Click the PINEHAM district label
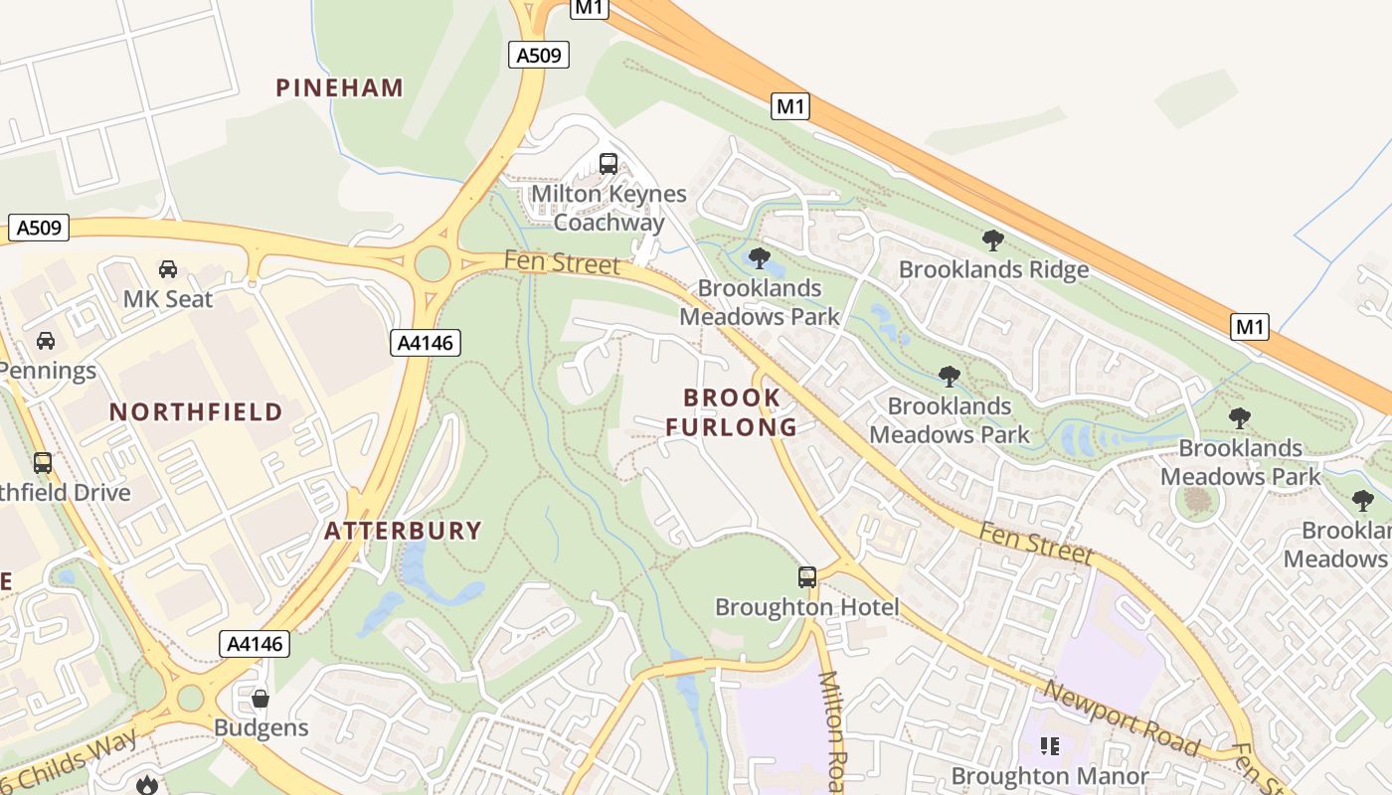pos(340,87)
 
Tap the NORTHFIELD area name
pos(196,411)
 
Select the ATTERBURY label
pos(403,531)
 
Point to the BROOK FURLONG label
pos(732,412)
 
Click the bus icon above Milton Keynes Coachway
pos(609,164)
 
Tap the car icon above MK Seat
pos(168,269)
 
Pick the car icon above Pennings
pos(45,341)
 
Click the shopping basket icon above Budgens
pos(261,699)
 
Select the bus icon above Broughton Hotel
pos(807,576)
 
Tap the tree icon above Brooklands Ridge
pos(992,239)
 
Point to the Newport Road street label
pos(1121,717)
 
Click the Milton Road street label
pos(832,730)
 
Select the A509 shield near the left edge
pos(40,228)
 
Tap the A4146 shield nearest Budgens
pos(255,644)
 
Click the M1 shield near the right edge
pos(1250,326)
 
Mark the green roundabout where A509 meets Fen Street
pos(433,264)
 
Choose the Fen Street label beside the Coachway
pos(562,263)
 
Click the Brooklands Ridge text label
pos(993,269)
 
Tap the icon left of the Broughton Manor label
pos(1050,745)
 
